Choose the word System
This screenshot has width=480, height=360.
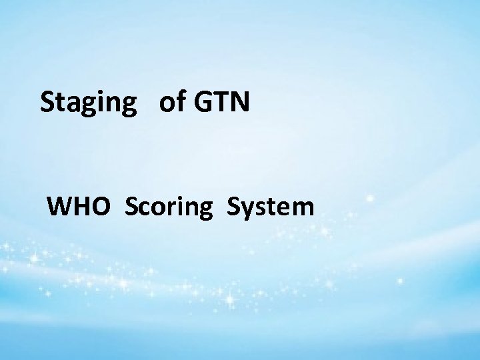click(270, 207)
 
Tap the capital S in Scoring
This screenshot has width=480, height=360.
click(130, 207)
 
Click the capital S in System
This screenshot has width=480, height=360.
click(233, 207)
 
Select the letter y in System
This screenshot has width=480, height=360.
click(246, 210)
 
